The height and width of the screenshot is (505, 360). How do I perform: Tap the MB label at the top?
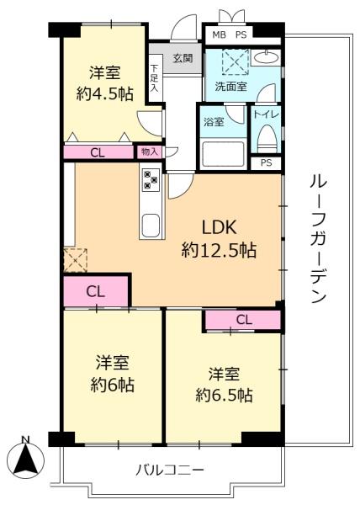coord(218,35)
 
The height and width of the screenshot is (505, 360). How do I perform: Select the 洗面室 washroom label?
coord(229,85)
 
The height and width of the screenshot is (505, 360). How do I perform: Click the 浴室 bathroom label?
coord(214,122)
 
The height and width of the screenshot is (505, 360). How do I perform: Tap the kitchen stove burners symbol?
coord(151,178)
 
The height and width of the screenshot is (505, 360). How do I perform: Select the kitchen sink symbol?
coord(151,226)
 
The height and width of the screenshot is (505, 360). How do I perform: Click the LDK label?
coord(220,227)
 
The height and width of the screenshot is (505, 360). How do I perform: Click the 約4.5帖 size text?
coord(103,93)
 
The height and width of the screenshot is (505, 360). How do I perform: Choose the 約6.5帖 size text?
coord(224,394)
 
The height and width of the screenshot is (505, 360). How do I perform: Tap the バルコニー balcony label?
coord(170,469)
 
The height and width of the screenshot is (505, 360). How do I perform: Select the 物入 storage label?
coord(149,151)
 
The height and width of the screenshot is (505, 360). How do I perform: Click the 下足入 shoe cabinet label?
coord(155,77)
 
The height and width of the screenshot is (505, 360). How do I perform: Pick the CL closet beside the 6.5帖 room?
coord(243,319)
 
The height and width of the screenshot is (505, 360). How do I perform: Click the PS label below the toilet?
coord(267,163)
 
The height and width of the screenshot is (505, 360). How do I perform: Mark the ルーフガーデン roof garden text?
coord(317,238)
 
